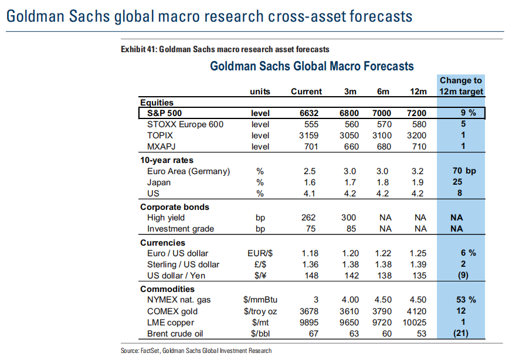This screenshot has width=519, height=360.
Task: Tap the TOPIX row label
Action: [161, 135]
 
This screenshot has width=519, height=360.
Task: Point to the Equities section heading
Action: [157, 103]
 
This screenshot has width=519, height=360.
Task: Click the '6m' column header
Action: [382, 91]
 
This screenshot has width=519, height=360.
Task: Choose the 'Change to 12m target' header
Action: [462, 86]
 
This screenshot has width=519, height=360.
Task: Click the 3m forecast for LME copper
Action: [350, 322]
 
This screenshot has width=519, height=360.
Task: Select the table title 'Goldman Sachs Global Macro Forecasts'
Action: [312, 66]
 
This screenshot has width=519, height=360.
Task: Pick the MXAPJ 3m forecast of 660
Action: [350, 147]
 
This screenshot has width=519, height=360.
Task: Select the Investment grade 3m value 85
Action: [350, 229]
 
